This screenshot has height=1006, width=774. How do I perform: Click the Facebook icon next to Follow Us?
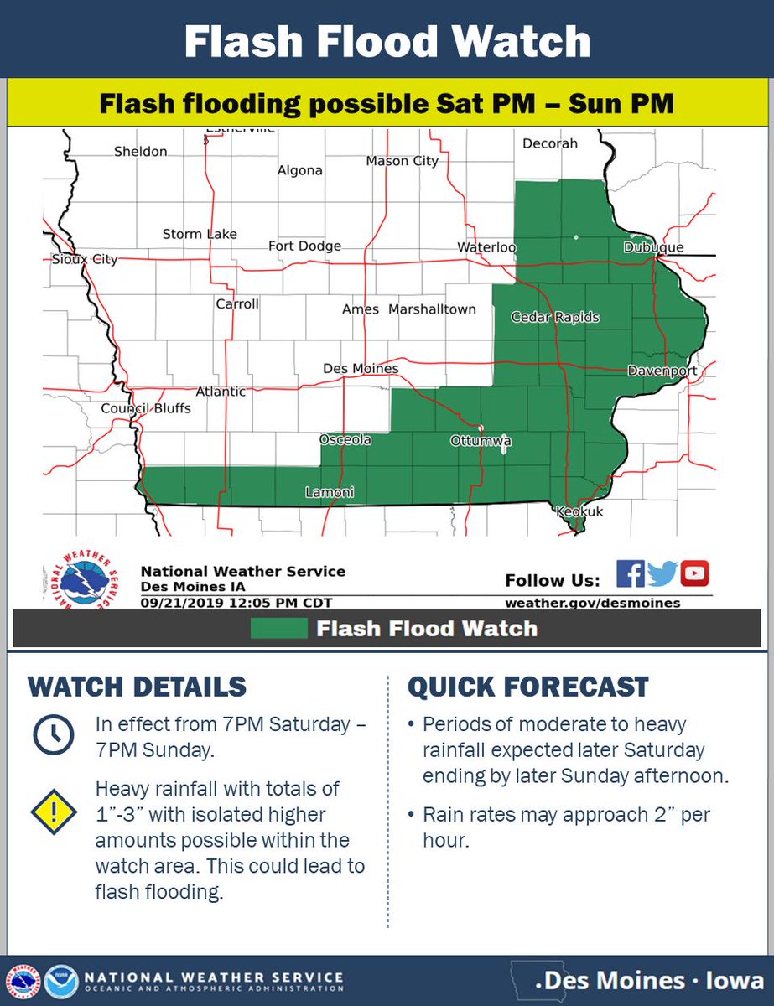pos(630,574)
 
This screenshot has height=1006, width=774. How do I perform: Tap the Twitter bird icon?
pos(662,574)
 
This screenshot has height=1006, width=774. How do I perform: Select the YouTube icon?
pos(694,574)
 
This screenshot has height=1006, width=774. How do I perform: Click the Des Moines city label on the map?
pos(361,369)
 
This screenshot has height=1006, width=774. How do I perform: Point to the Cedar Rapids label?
pos(555,318)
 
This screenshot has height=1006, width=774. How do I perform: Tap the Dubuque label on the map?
pos(653,248)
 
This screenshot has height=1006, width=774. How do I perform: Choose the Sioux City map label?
pos(81,260)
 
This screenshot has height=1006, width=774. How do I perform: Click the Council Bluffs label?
pos(146,409)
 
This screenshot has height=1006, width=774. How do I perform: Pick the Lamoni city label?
pos(329,493)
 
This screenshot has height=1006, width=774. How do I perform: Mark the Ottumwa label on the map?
pos(481,441)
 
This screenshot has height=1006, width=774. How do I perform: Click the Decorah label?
pos(550,143)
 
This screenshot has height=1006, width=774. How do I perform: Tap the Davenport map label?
pos(662,371)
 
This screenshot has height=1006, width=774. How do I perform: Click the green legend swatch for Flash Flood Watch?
pos(278,629)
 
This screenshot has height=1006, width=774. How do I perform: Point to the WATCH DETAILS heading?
pos(138,687)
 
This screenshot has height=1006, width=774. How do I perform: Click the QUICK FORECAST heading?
pos(527,687)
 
